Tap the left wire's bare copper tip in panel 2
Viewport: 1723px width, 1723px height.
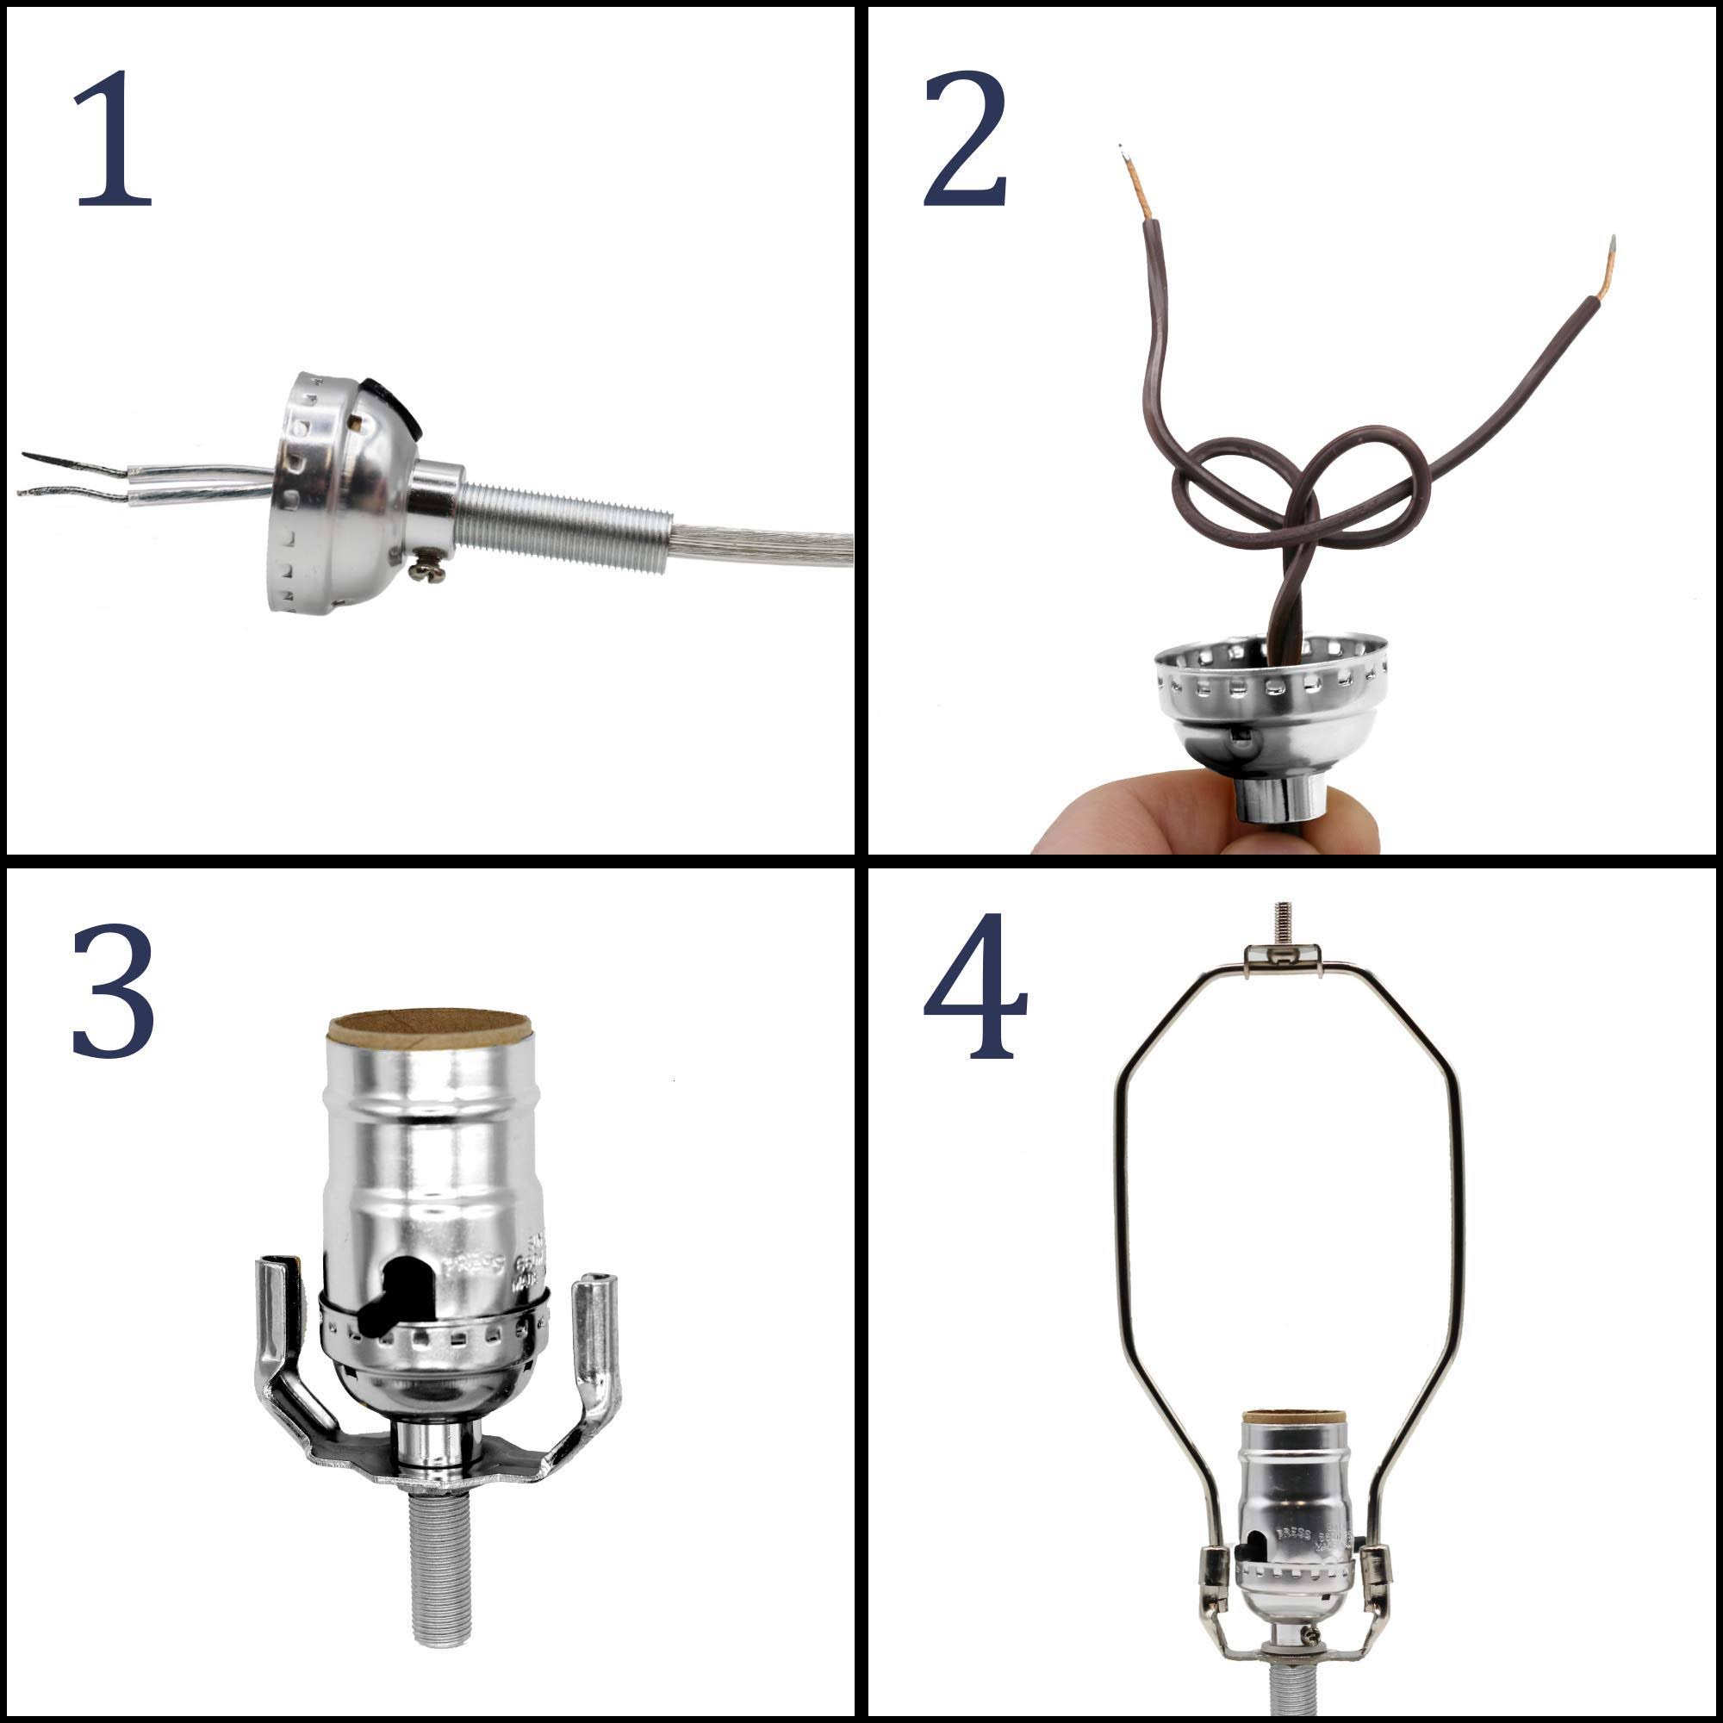(x=1135, y=183)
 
